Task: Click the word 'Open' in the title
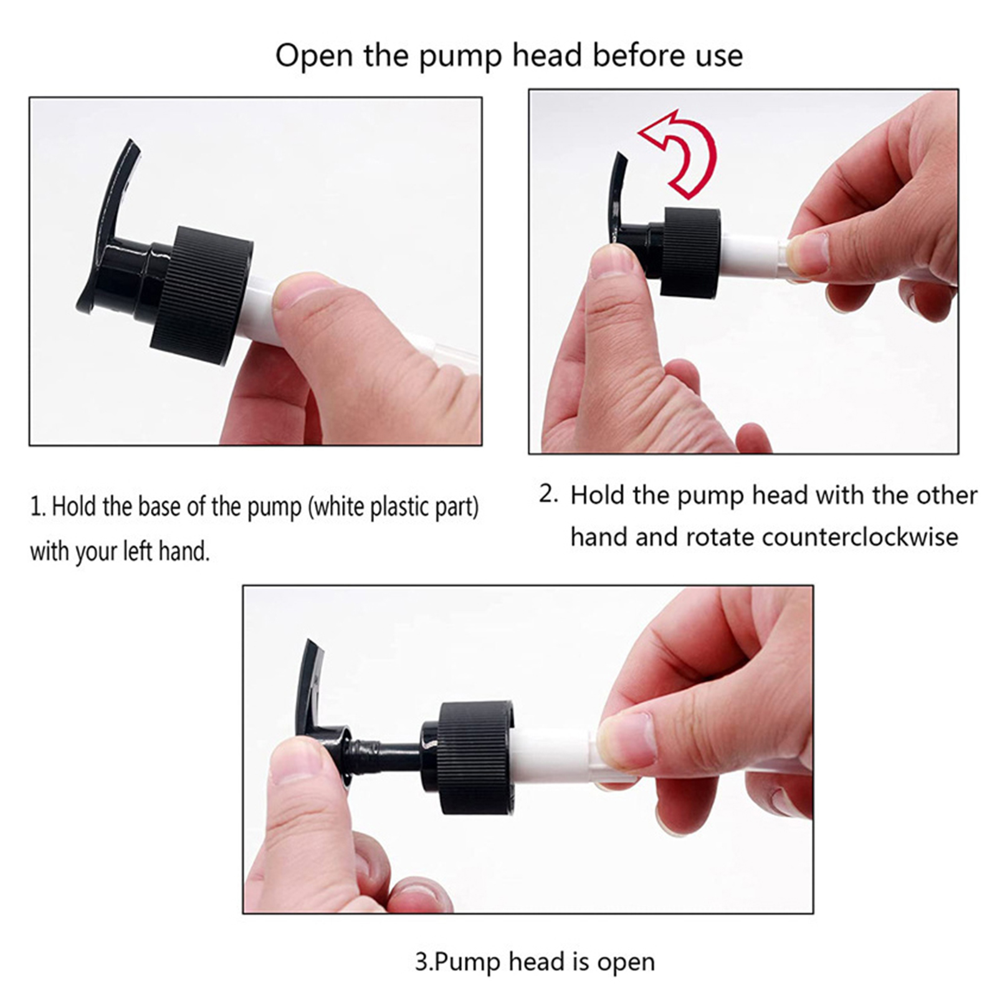[x=315, y=56]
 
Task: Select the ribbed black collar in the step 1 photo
[x=201, y=295]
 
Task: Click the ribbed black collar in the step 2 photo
[x=690, y=252]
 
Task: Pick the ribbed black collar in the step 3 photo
[x=477, y=758]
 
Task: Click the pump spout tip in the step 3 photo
[x=310, y=644]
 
